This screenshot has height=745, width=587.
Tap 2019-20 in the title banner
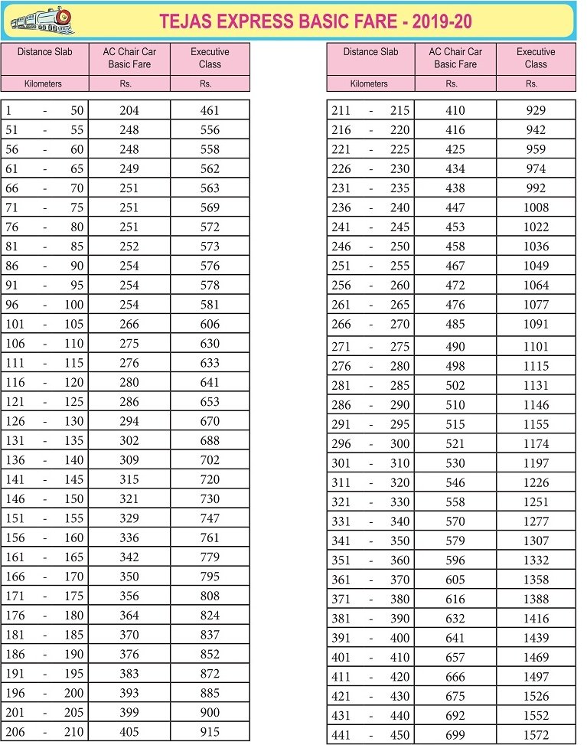pyautogui.click(x=442, y=21)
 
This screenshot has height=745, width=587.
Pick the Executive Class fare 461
pyautogui.click(x=210, y=110)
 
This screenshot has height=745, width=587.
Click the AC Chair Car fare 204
pyautogui.click(x=129, y=110)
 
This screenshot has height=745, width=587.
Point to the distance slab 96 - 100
pyautogui.click(x=44, y=305)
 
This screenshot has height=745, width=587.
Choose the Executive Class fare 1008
pyautogui.click(x=536, y=207)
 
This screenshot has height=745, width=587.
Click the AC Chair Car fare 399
pyautogui.click(x=129, y=713)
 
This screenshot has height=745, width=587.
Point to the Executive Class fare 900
pyautogui.click(x=210, y=713)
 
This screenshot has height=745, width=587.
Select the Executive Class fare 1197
pyautogui.click(x=536, y=463)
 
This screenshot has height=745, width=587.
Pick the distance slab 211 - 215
pyautogui.click(x=370, y=110)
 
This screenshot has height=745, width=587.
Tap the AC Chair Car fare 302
pyautogui.click(x=129, y=441)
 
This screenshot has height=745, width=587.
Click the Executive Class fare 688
pyautogui.click(x=210, y=441)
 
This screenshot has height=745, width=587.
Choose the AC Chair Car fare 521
pyautogui.click(x=455, y=444)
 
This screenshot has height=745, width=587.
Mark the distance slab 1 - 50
pyautogui.click(x=44, y=110)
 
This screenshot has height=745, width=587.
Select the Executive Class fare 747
pyautogui.click(x=210, y=518)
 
